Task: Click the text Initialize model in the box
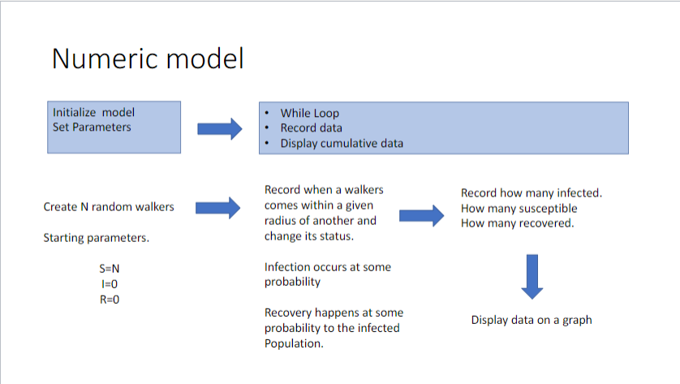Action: coord(93,112)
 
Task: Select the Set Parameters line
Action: coord(91,127)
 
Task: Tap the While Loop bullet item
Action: coord(309,113)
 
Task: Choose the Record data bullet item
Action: coord(311,127)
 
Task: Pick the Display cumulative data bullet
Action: coord(342,143)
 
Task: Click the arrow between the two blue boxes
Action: coord(220,128)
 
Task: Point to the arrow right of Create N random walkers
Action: coord(219,208)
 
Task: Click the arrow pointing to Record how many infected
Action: coord(422,214)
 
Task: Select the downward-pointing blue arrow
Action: coord(532,277)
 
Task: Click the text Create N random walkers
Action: coord(109,207)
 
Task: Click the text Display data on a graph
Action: coord(532,320)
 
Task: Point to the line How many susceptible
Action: coord(519,209)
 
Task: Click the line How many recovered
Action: coord(517,223)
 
